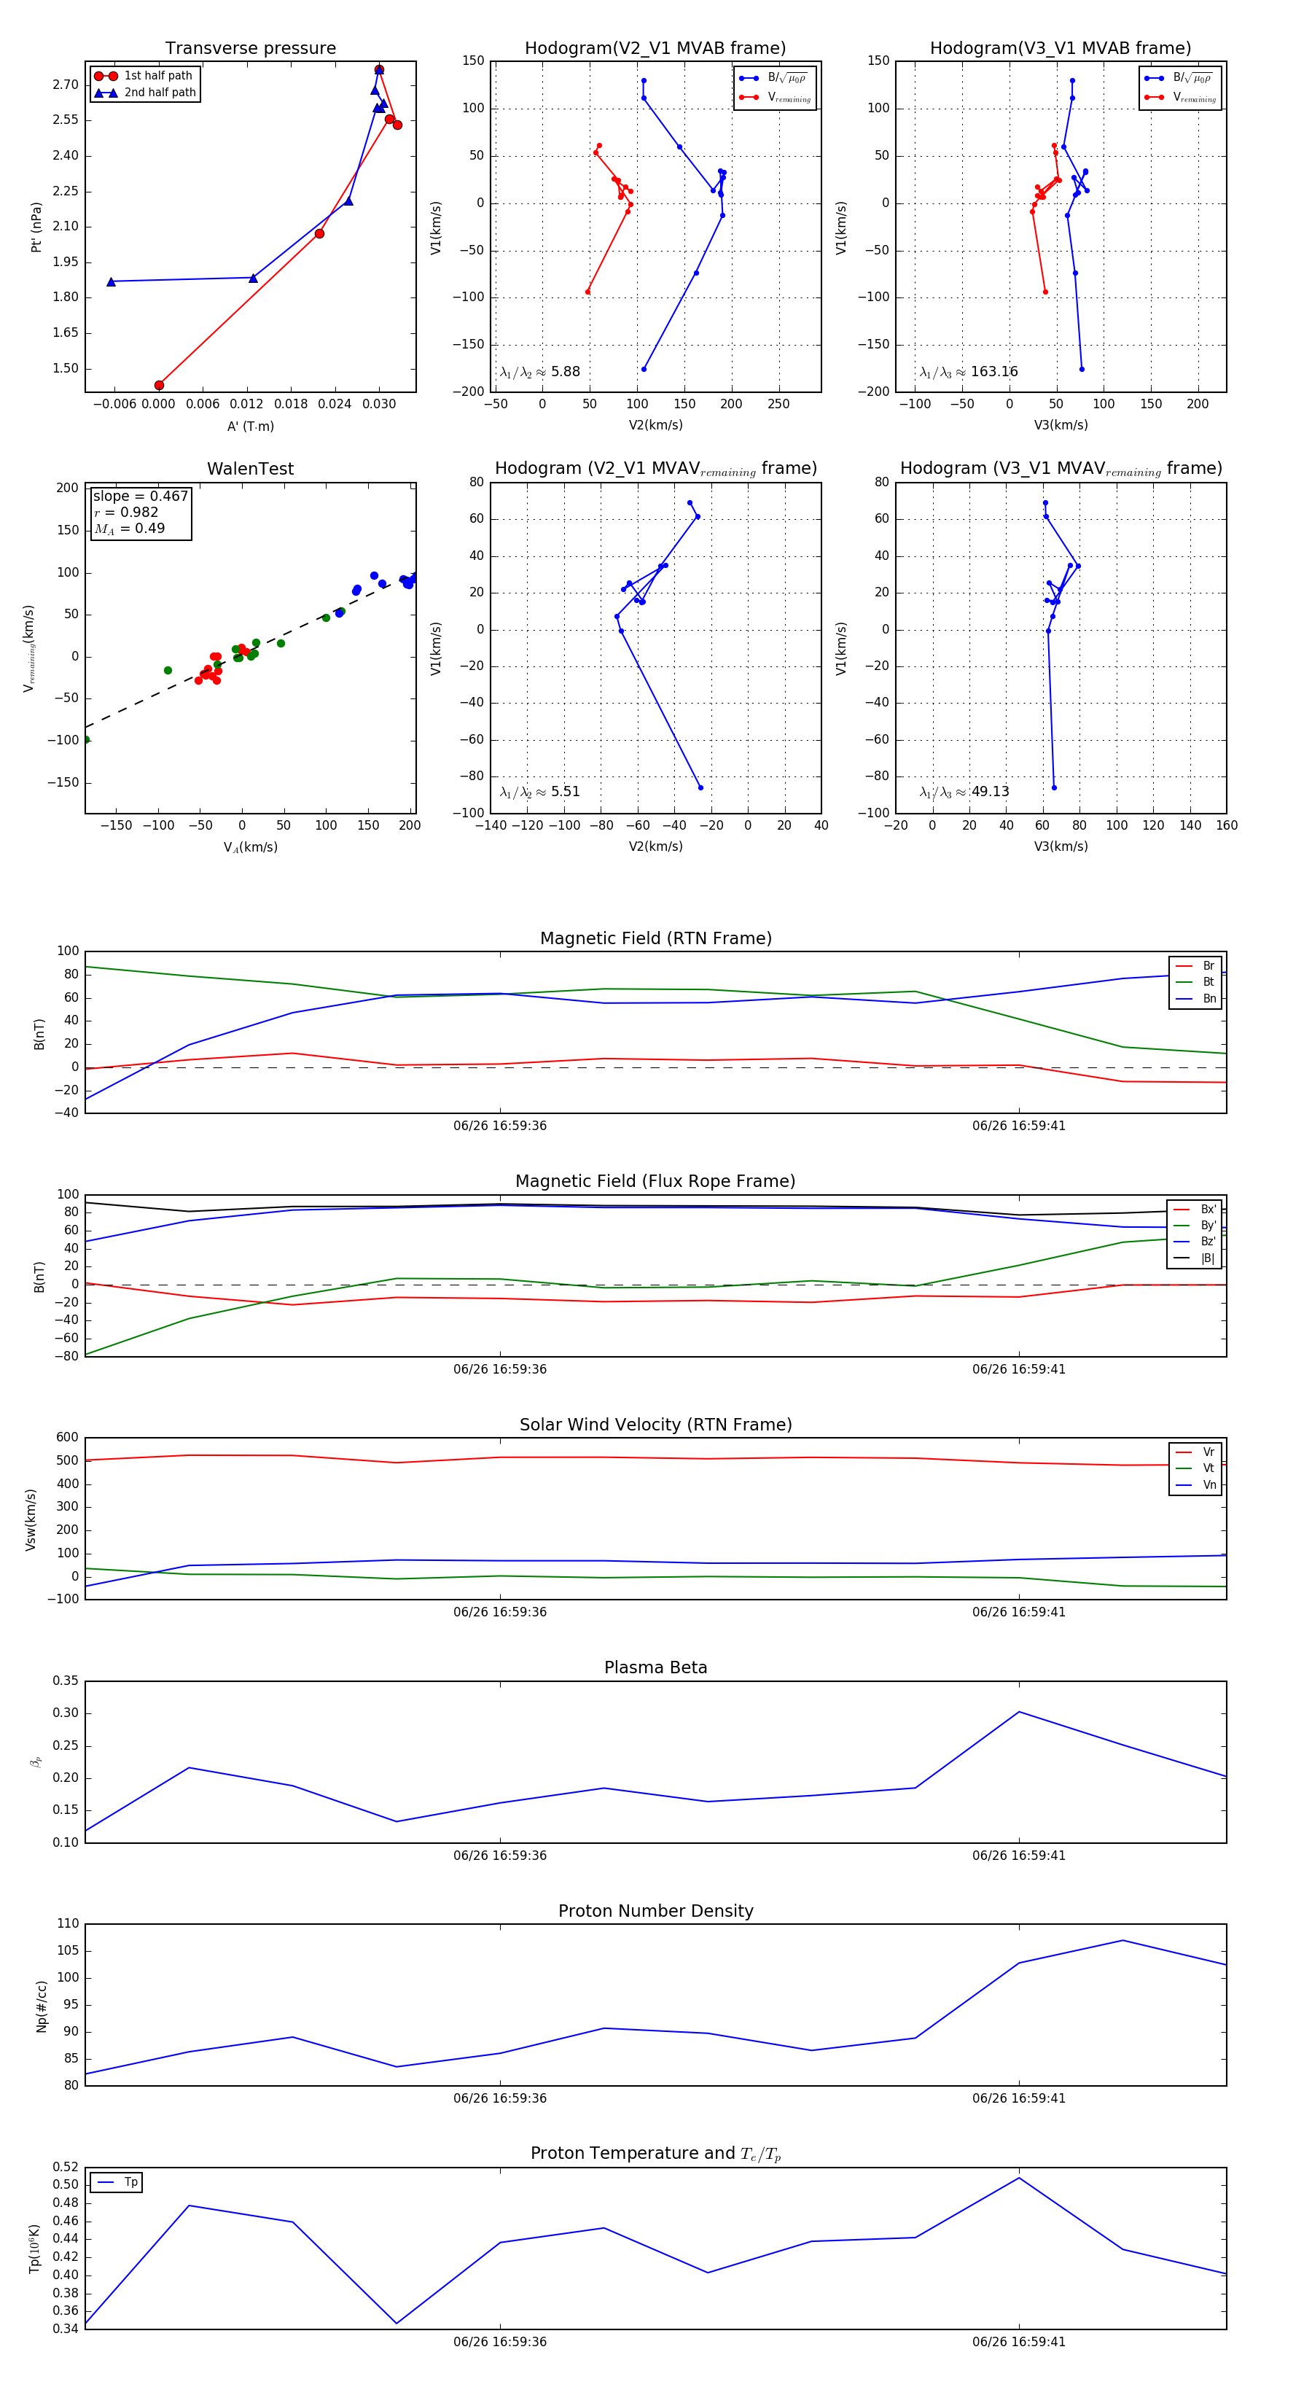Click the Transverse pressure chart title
250,49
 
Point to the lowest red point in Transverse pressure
159,385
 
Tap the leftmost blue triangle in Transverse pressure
111,281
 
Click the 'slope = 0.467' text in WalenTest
140,496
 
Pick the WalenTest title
250,469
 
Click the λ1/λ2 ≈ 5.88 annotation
539,372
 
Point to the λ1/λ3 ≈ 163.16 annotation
969,372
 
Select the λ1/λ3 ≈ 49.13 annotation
964,791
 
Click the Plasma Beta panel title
655,1667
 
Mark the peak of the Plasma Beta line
1019,1712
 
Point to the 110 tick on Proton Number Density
69,1923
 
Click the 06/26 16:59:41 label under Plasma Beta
1019,1855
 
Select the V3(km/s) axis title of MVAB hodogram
1061,425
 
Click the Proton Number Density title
655,1911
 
